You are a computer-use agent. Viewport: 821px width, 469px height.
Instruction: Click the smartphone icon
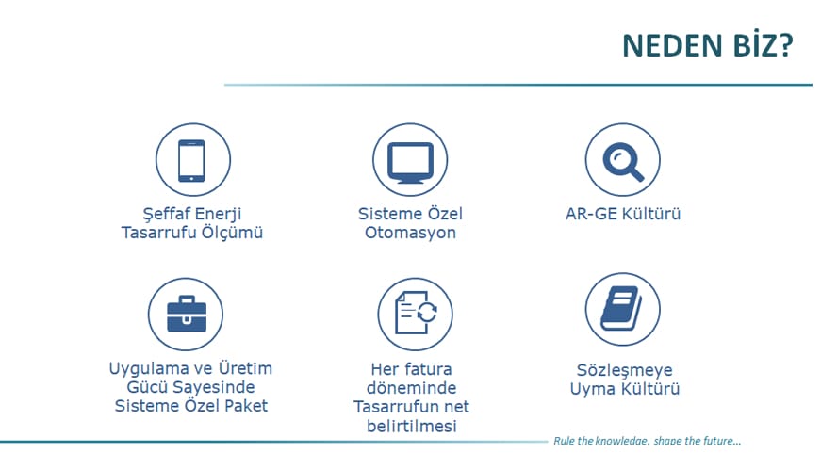(x=191, y=160)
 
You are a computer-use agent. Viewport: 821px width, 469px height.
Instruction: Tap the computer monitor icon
(x=411, y=163)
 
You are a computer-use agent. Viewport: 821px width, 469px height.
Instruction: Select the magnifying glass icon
(x=622, y=161)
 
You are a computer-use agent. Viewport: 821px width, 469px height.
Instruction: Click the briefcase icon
(x=187, y=314)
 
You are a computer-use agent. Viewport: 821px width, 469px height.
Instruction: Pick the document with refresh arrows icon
(x=416, y=313)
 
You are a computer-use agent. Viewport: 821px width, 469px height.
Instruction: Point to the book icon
(x=621, y=308)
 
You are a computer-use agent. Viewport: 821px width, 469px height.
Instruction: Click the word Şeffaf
(x=167, y=214)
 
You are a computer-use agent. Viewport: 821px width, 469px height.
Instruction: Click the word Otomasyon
(x=410, y=233)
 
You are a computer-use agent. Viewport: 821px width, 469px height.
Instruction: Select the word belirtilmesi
(x=412, y=426)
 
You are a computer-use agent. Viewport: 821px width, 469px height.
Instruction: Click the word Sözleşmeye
(x=625, y=371)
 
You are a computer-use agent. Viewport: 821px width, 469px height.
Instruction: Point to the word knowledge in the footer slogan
(x=622, y=441)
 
